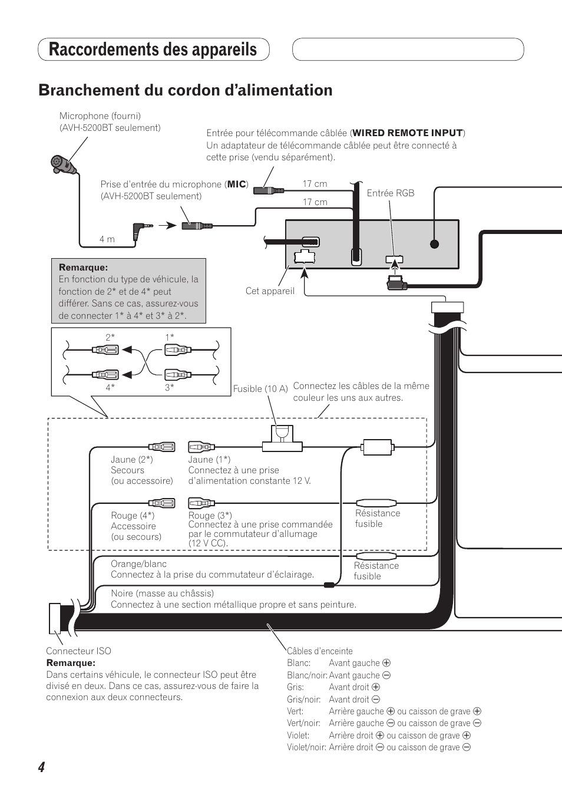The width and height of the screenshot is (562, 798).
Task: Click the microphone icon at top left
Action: [62, 164]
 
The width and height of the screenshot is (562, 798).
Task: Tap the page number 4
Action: [41, 767]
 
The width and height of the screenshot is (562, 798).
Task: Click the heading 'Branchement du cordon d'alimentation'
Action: [185, 90]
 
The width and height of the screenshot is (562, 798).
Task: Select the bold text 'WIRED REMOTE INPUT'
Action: [408, 133]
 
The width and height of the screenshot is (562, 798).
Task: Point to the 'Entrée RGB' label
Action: [390, 193]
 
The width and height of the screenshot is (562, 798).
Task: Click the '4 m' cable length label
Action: [107, 239]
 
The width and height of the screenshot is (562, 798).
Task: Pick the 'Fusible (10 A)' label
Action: [260, 389]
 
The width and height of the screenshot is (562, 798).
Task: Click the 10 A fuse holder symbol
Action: [282, 438]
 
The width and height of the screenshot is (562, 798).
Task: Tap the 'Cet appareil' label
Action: [270, 291]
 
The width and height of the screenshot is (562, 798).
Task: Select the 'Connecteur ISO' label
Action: [78, 651]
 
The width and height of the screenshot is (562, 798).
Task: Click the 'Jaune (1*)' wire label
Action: [209, 460]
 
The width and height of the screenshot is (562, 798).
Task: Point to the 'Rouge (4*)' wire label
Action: [133, 516]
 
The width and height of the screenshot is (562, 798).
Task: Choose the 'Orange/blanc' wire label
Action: [138, 564]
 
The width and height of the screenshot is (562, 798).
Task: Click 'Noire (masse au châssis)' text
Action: [162, 593]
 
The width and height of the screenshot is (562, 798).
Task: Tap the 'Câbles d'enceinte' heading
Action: [319, 651]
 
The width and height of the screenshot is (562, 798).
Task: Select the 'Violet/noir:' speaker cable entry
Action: [306, 747]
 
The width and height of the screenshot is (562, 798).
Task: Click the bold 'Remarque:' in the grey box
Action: [83, 268]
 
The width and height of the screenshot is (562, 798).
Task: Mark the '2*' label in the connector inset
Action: [110, 337]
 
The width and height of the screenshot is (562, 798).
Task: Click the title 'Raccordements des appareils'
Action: [153, 50]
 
